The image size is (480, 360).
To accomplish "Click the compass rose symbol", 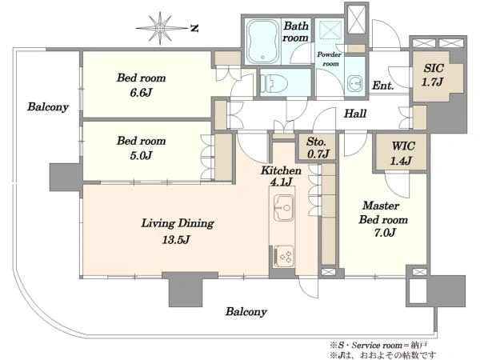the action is click(x=160, y=29).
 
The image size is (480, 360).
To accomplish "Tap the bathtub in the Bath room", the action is click(x=263, y=42).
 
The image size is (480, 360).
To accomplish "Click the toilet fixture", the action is click(x=274, y=84).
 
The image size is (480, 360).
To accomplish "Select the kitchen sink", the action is click(x=284, y=207).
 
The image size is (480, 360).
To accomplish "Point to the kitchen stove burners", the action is click(x=284, y=256).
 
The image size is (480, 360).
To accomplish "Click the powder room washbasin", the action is click(x=355, y=83).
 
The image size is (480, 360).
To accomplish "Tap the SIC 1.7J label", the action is click(x=433, y=74).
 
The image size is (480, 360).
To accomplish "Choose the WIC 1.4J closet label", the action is click(x=402, y=153).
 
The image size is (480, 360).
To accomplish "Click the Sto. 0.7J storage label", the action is click(x=318, y=148).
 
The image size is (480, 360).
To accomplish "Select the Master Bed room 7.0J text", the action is click(x=382, y=219).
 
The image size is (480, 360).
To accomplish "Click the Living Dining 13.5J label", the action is click(x=178, y=231).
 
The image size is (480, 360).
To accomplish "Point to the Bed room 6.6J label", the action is click(x=141, y=85).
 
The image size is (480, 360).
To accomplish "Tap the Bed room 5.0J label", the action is click(x=141, y=148).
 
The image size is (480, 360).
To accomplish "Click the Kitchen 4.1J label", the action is click(x=281, y=176).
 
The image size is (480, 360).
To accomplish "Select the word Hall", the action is click(x=355, y=114).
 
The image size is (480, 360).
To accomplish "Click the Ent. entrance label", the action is click(x=382, y=86).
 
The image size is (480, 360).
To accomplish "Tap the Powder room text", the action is click(x=330, y=59).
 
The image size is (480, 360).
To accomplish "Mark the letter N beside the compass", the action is click(x=194, y=29).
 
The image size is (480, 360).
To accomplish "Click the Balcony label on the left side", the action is click(x=48, y=107).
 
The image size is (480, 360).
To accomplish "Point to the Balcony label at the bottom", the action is click(x=246, y=312).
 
